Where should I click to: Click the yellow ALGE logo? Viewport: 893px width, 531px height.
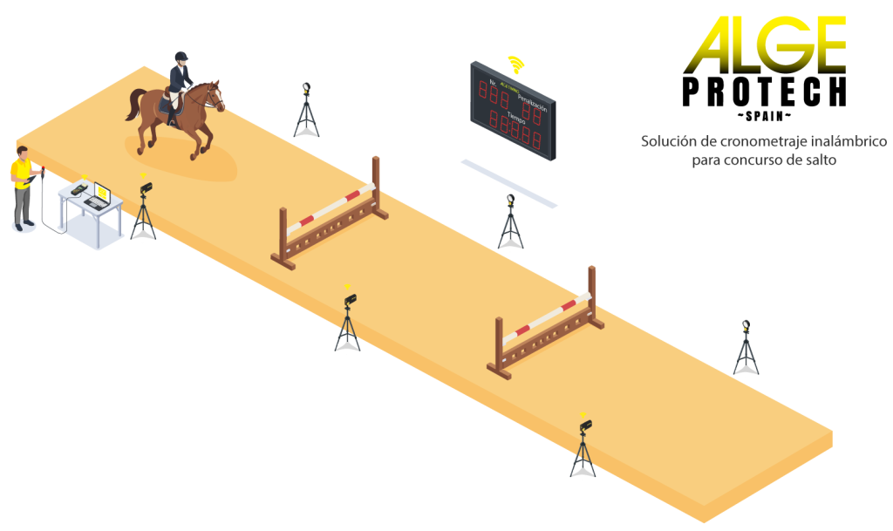(765, 45)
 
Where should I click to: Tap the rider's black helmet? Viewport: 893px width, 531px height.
(181, 58)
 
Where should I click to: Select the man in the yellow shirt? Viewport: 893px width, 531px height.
(23, 187)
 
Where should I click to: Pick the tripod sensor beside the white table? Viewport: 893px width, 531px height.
(144, 212)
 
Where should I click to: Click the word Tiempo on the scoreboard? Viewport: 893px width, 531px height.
(519, 116)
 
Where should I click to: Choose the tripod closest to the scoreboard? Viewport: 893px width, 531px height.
(510, 224)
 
